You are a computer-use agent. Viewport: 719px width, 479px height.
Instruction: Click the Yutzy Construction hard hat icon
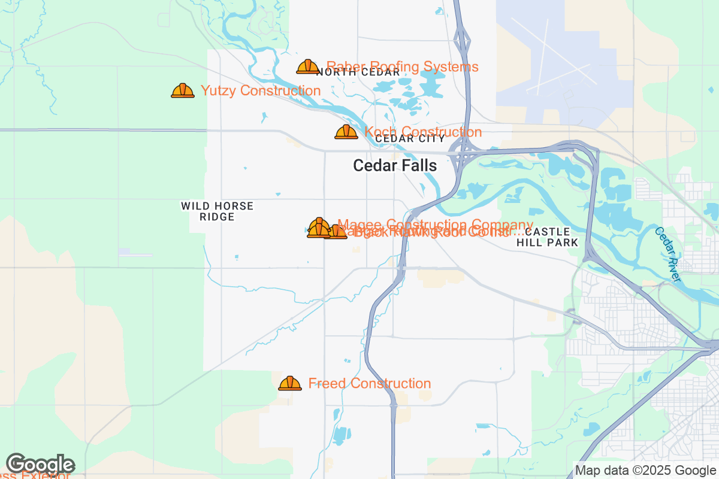[x=183, y=91]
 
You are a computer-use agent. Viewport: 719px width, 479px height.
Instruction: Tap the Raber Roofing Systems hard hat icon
[x=308, y=66]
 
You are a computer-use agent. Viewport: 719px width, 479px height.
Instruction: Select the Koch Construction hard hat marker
[x=346, y=132]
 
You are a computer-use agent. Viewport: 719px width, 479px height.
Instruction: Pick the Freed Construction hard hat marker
[x=290, y=383]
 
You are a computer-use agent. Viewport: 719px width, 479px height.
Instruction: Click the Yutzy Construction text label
[x=261, y=91]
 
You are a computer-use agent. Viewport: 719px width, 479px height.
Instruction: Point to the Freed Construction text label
[x=369, y=383]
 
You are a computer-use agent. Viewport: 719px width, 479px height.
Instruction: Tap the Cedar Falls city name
[x=395, y=165]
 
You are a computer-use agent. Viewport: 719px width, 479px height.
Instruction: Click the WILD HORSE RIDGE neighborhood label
[x=217, y=211]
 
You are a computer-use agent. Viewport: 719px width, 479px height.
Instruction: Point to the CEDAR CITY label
[x=410, y=139]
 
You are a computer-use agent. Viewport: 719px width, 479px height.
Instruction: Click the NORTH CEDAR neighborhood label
[x=358, y=72]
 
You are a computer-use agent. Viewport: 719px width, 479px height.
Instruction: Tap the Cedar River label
[x=668, y=254]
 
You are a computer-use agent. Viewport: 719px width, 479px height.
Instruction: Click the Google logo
[x=41, y=464]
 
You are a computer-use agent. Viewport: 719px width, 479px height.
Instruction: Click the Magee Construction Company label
[x=435, y=224]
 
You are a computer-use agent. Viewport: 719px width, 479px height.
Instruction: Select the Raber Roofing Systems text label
[x=402, y=66]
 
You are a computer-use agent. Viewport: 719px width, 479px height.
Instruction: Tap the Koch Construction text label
[x=423, y=131]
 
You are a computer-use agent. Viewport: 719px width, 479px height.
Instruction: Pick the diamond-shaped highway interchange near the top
[x=461, y=42]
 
